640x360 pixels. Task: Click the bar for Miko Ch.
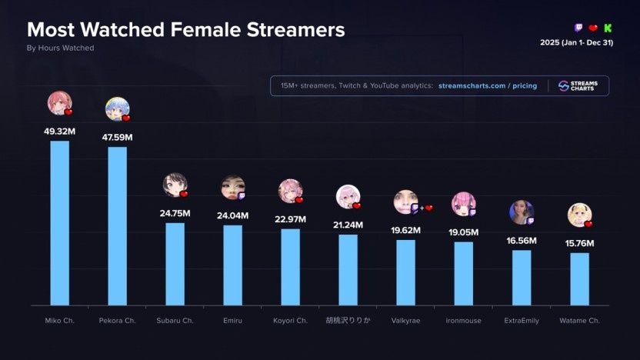pyautogui.click(x=59, y=223)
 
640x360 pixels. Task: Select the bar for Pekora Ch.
pyautogui.click(x=117, y=226)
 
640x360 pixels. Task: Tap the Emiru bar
pyautogui.click(x=232, y=265)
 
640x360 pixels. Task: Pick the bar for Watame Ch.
pyautogui.click(x=579, y=278)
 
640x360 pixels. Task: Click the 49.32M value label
pyautogui.click(x=59, y=132)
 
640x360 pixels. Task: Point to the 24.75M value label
pyautogui.click(x=175, y=213)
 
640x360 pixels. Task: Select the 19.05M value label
pyautogui.click(x=463, y=232)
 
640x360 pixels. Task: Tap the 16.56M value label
pyautogui.click(x=522, y=241)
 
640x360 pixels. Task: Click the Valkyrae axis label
pyautogui.click(x=405, y=321)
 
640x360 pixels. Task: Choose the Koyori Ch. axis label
pyautogui.click(x=290, y=321)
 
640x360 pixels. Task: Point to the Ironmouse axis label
pyautogui.click(x=463, y=321)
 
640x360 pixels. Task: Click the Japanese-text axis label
pyautogui.click(x=348, y=321)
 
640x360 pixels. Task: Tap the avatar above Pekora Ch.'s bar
pyautogui.click(x=116, y=108)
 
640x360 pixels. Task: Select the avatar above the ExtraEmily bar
pyautogui.click(x=521, y=212)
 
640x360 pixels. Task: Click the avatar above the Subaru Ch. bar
pyautogui.click(x=174, y=185)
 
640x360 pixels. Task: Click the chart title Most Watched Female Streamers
pyautogui.click(x=185, y=30)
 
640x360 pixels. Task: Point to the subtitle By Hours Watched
pyautogui.click(x=60, y=48)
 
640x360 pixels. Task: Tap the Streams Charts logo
pyautogui.click(x=582, y=85)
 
